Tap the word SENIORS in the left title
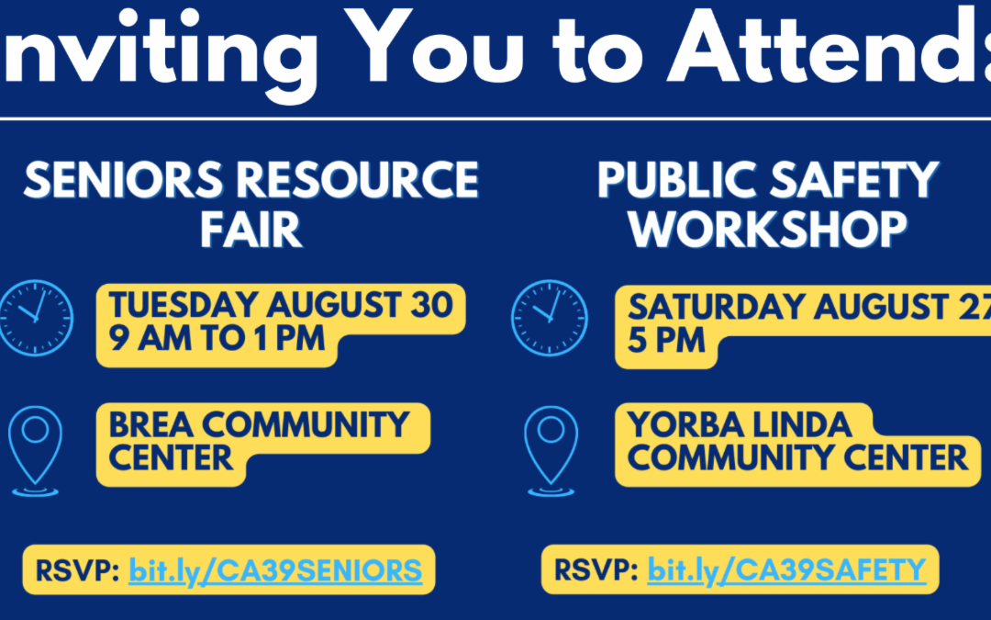(123, 180)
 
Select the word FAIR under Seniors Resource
(251, 230)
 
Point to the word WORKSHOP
(768, 230)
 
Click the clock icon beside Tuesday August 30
(36, 318)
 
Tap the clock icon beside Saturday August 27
(550, 318)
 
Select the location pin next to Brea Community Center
(36, 450)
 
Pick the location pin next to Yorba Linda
(551, 450)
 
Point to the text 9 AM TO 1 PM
(217, 338)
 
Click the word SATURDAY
(717, 307)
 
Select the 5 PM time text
(666, 341)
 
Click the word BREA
(151, 424)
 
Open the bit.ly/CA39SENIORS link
(275, 570)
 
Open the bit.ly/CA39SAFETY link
(787, 570)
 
